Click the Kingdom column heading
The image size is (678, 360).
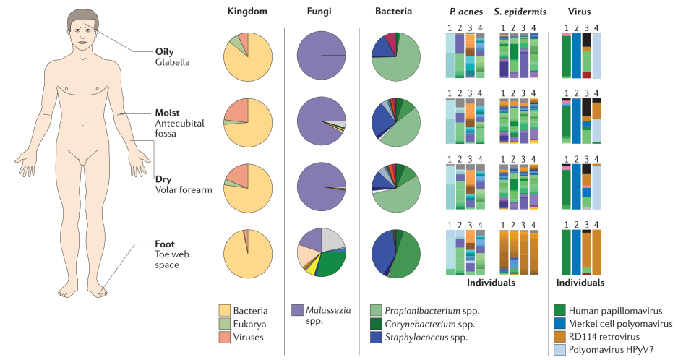click(247, 12)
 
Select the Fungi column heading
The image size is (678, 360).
click(319, 12)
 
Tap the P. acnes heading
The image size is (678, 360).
click(466, 12)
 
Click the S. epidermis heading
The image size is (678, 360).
click(520, 12)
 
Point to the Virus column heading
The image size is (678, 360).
click(579, 12)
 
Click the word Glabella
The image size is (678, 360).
click(172, 62)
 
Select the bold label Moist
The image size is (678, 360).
click(168, 113)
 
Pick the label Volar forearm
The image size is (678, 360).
click(184, 189)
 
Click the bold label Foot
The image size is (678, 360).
click(165, 244)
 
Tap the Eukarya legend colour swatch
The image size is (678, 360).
click(224, 324)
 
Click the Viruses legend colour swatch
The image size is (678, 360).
click(224, 337)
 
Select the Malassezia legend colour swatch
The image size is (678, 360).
click(298, 310)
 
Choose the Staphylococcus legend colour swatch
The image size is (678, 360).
click(376, 337)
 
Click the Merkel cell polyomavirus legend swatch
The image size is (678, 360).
click(559, 323)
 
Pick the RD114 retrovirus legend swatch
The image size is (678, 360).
click(559, 337)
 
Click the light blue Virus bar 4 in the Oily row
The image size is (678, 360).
click(597, 56)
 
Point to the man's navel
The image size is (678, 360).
click(82, 126)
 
